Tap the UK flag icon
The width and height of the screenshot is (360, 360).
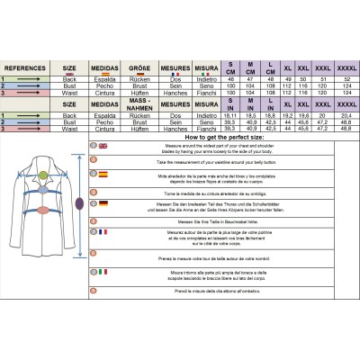coord(103,145)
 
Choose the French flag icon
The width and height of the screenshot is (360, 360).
coord(103,232)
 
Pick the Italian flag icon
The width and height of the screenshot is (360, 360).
coord(103,271)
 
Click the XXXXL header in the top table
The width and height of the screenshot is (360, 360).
coord(345,67)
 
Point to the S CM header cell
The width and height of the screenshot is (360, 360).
coord(231,66)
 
